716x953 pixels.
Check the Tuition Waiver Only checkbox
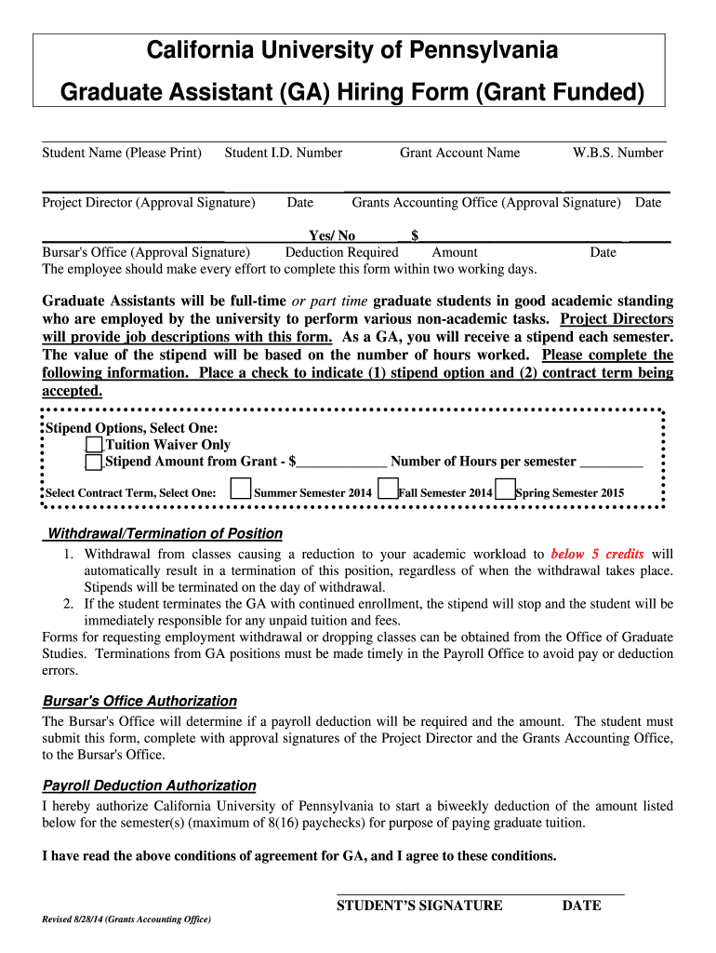[94, 445]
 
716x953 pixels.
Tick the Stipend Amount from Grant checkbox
[94, 462]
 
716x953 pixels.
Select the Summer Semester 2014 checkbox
[241, 489]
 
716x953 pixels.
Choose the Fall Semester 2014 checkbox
[389, 490]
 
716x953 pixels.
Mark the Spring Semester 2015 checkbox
[505, 490]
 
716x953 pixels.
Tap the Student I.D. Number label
[283, 153]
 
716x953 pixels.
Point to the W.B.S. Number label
[617, 153]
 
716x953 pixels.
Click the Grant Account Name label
[459, 153]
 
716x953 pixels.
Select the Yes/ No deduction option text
[332, 236]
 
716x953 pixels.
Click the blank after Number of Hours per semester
[610, 462]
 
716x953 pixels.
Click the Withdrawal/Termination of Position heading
[165, 533]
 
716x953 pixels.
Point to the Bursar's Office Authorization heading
[139, 701]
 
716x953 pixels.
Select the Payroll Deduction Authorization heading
[150, 785]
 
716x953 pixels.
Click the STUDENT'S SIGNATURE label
[419, 906]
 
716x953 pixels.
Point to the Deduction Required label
[341, 252]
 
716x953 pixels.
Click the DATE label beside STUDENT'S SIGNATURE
[581, 906]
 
